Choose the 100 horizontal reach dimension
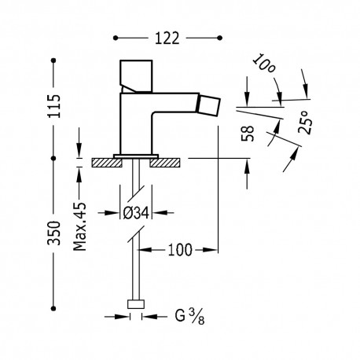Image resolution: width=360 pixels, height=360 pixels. pos(178,251)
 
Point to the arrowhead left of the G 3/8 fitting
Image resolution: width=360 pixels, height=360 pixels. pos(127,317)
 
